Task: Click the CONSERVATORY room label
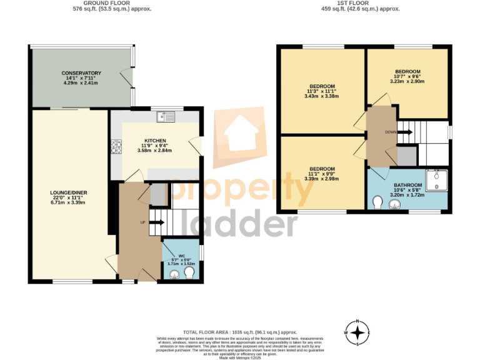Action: [81, 73]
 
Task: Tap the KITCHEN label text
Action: [154, 141]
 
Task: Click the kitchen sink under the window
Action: [167, 116]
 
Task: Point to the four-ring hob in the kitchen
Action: [116, 147]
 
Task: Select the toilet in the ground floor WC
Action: [189, 273]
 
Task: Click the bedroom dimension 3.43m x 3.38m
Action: [322, 96]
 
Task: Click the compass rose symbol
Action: [357, 332]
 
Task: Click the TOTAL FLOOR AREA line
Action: [240, 332]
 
